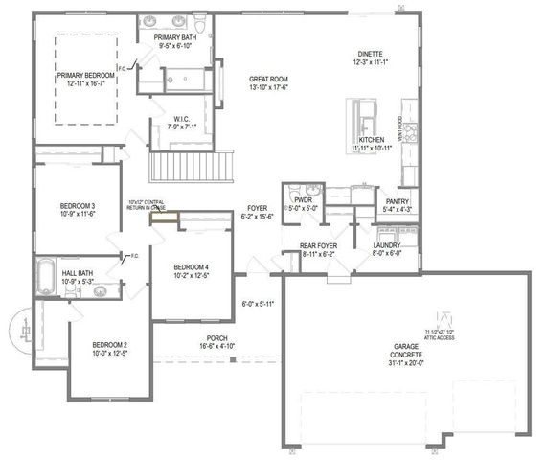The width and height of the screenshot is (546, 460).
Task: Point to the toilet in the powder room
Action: pos(292,191)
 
